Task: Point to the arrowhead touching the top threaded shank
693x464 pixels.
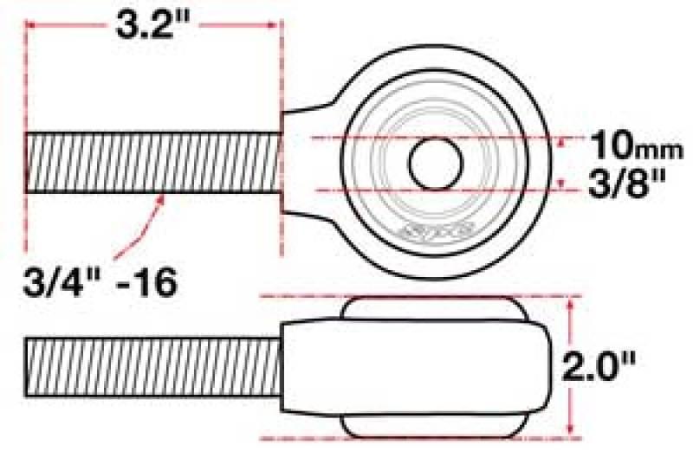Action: (x=161, y=198)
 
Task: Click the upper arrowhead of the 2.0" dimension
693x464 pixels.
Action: (x=571, y=304)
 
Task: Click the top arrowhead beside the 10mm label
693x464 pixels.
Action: (x=564, y=143)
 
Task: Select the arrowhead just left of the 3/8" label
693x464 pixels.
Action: (x=564, y=181)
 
